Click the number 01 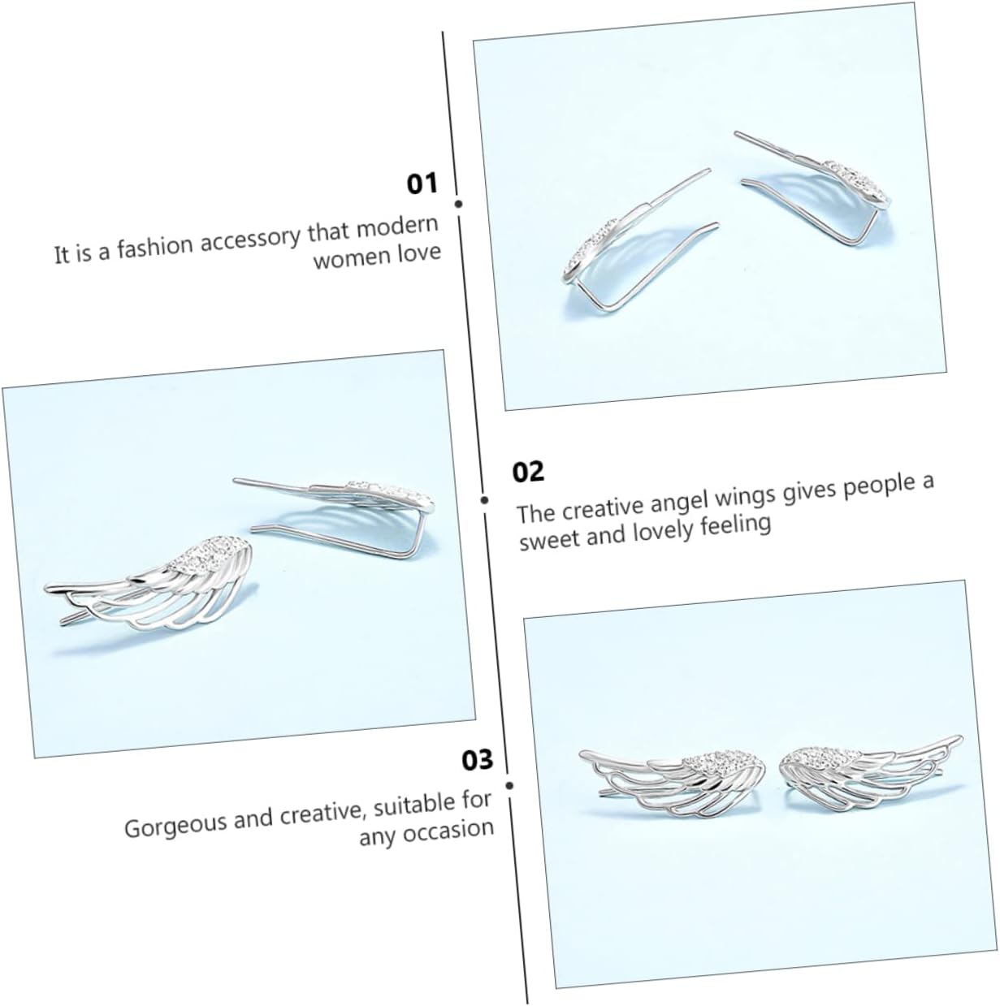pos(422,183)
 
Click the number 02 pos(528,472)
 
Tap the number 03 pos(478,761)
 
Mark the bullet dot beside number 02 pos(484,500)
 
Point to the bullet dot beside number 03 pos(509,785)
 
